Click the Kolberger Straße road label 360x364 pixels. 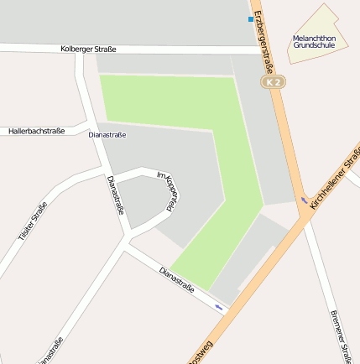click(88, 49)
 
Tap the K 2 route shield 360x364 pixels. click(274, 83)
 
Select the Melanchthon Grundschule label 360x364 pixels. click(314, 42)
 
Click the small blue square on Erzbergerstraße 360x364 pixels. click(250, 18)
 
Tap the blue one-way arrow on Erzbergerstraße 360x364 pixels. click(303, 200)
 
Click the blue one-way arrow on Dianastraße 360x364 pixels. click(219, 307)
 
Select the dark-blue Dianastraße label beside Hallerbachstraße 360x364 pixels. click(107, 134)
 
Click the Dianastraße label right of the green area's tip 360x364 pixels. click(176, 280)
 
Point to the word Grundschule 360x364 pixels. click(314, 46)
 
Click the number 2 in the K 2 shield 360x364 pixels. click(277, 83)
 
